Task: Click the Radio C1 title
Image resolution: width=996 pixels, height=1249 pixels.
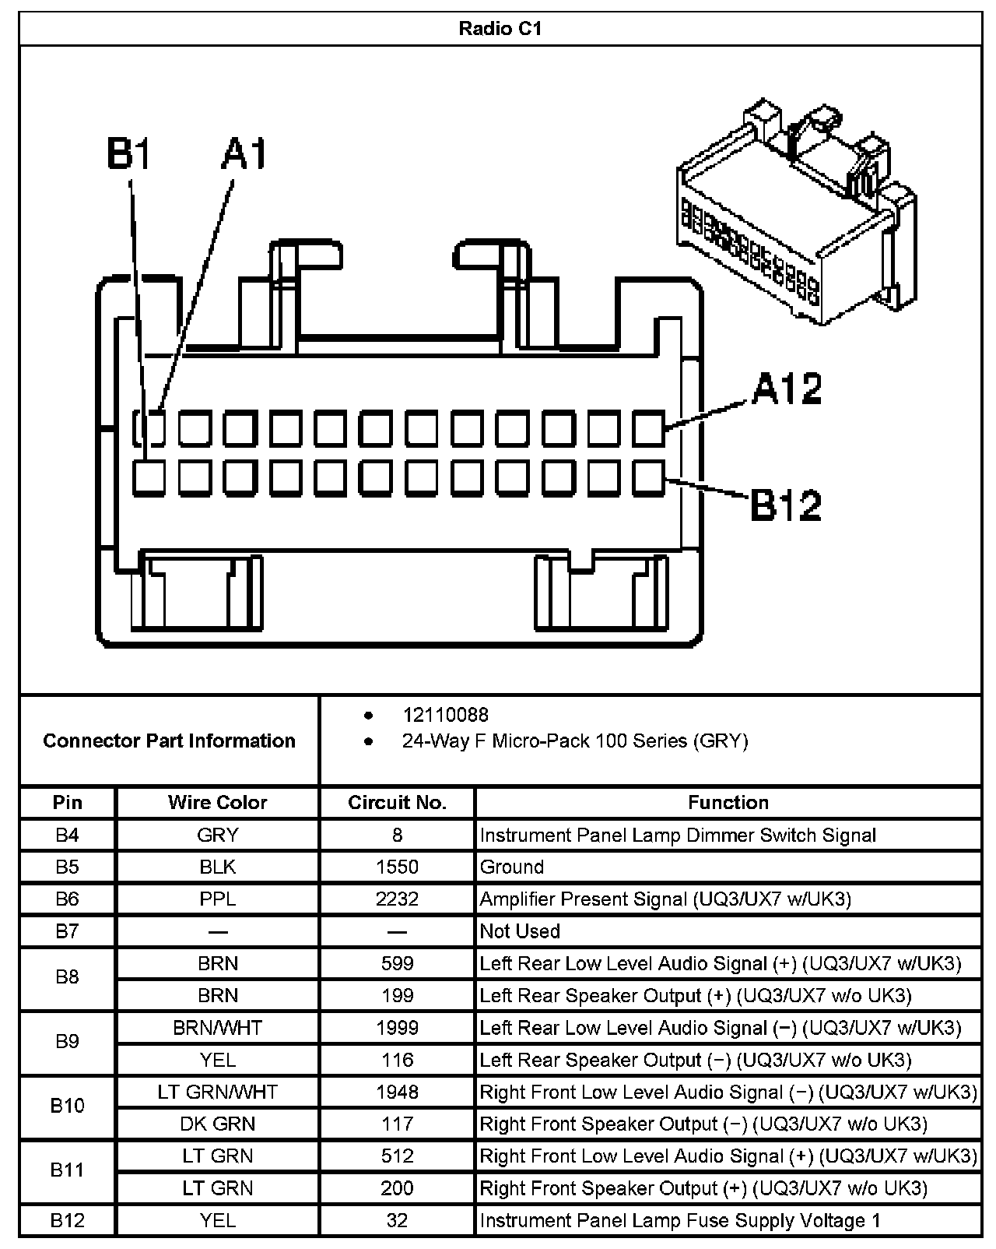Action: coord(500,30)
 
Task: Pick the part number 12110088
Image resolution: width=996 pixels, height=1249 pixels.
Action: coord(445,715)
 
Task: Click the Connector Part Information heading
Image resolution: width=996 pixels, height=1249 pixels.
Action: coord(169,741)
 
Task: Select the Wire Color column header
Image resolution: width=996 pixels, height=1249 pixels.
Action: coord(217,803)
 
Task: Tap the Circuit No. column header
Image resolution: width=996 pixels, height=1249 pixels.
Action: coord(397,803)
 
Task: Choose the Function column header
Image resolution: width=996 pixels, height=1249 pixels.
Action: coord(728,803)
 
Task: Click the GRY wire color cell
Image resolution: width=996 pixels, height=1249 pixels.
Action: coord(217,836)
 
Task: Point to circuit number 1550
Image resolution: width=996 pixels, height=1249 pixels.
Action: coord(397,867)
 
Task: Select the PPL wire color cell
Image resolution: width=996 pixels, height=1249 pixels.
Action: coord(217,899)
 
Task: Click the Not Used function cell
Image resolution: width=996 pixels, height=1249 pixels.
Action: coord(520,931)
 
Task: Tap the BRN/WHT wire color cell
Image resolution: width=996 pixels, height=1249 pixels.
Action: coord(217,1028)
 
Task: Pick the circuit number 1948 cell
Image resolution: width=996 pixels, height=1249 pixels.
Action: coord(397,1092)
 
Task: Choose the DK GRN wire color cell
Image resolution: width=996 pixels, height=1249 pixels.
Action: coord(217,1124)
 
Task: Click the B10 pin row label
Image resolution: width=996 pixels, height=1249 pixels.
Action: coord(68,1106)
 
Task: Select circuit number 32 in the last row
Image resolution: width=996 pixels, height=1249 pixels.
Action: coord(397,1220)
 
